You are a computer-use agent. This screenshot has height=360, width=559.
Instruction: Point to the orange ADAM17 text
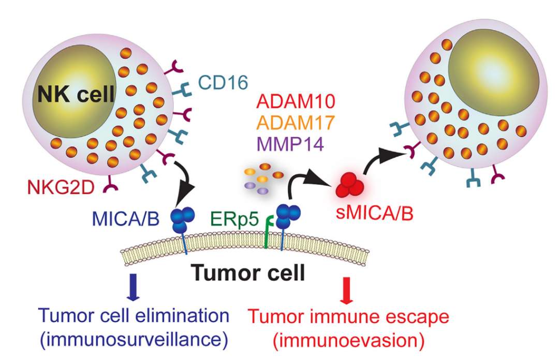pos(290,123)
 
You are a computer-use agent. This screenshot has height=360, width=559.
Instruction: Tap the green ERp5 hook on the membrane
pos(267,233)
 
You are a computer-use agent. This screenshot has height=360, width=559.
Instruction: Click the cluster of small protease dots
pos(257,176)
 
